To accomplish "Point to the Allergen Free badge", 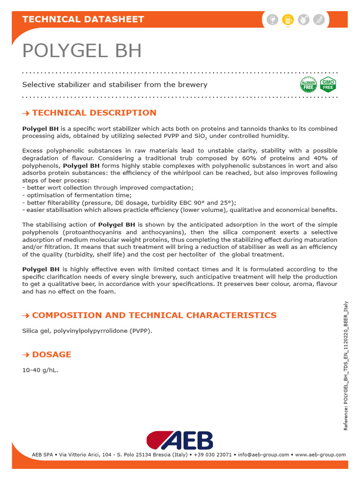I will coord(308,85).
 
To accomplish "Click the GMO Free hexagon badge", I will coord(328,85).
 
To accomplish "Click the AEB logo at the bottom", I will coord(180,441).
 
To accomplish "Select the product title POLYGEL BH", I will coord(82,51).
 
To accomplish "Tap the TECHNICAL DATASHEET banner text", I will coord(83,19).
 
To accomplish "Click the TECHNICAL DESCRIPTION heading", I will coord(94,113).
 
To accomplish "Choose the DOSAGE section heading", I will coord(52,354).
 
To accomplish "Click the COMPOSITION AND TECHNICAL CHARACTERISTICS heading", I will coord(154,315).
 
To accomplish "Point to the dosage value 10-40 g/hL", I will coord(40,370).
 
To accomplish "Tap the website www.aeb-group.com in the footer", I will coord(320,455).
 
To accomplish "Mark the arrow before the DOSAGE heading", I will coord(26,355).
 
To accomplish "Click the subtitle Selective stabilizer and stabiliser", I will coord(115,85).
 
